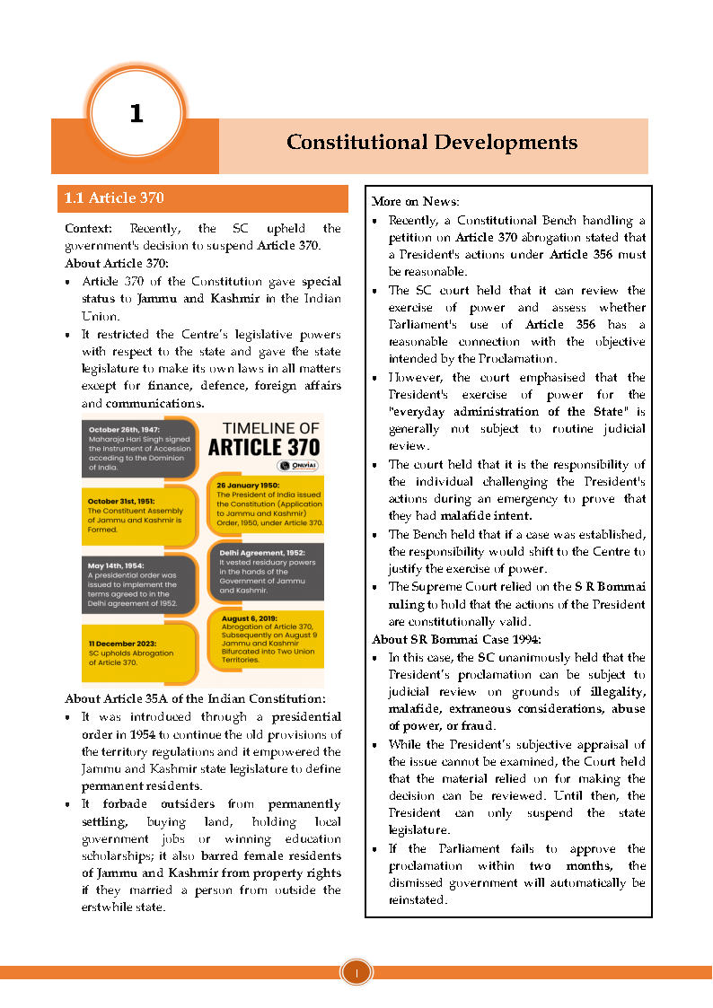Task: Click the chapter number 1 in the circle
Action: (136, 114)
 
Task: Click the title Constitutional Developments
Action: (432, 143)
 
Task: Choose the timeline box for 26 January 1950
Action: (265, 504)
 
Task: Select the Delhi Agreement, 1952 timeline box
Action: (265, 571)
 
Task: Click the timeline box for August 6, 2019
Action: (265, 638)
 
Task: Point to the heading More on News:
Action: (409, 201)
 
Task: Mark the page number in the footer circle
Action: (356, 973)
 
